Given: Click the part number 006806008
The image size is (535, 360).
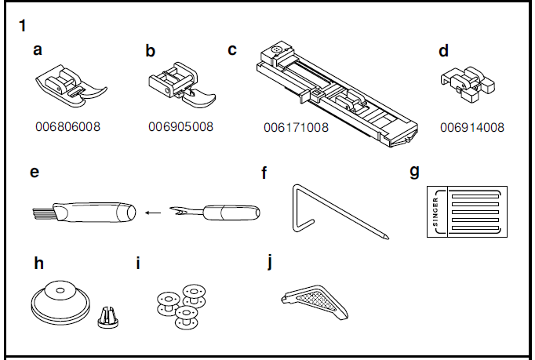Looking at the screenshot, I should pos(67,126).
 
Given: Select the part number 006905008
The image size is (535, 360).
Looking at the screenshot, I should pos(180,126).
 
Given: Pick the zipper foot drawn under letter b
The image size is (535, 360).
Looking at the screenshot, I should pos(181,88).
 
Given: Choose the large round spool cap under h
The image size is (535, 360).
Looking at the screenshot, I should pos(60,300).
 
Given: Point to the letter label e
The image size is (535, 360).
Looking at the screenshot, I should pos(35,171).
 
